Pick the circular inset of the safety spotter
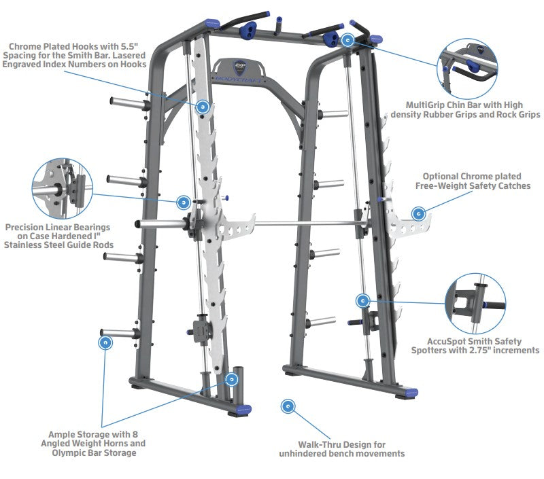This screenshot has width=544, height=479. click(475, 303)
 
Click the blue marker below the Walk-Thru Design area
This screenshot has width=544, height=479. click(288, 406)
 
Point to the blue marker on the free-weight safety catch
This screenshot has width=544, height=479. click(418, 214)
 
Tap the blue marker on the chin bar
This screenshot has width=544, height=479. click(349, 41)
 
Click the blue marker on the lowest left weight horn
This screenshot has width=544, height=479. click(105, 342)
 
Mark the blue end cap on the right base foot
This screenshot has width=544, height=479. click(410, 392)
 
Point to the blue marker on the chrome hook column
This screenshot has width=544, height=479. click(202, 107)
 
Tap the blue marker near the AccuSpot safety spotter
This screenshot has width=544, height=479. click(363, 300)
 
